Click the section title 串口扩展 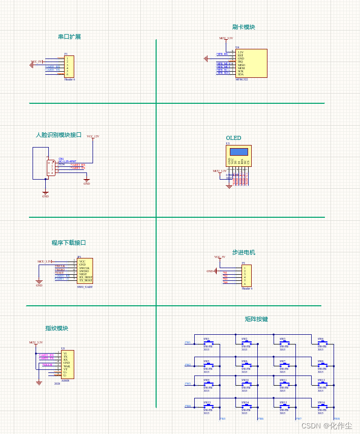click(69, 37)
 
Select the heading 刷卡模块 click(244, 27)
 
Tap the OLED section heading click(233, 138)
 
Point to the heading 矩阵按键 click(256, 319)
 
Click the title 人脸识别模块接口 click(58, 135)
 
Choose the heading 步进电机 click(244, 252)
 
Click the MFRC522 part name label click(242, 79)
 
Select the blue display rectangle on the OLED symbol click(239, 152)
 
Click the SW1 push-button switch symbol click(206, 343)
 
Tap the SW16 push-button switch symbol click(321, 407)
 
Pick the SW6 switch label click(245, 361)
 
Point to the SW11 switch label click(283, 380)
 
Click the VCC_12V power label click(93, 136)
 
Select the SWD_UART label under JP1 click(85, 287)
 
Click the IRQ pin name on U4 click(241, 62)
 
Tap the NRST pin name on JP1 click(83, 274)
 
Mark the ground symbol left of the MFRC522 click(205, 59)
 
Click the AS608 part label click(65, 380)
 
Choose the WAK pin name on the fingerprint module click(67, 366)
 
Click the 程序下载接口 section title click(69, 243)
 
